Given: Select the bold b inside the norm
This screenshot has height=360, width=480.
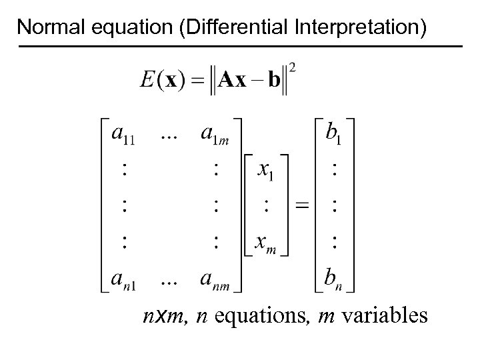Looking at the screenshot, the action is point(274,81).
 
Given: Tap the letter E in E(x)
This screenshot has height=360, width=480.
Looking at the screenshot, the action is point(148,81).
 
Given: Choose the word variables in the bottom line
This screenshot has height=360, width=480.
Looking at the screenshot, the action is point(385,315).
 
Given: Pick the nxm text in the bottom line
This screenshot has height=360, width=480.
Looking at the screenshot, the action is point(161,315).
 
